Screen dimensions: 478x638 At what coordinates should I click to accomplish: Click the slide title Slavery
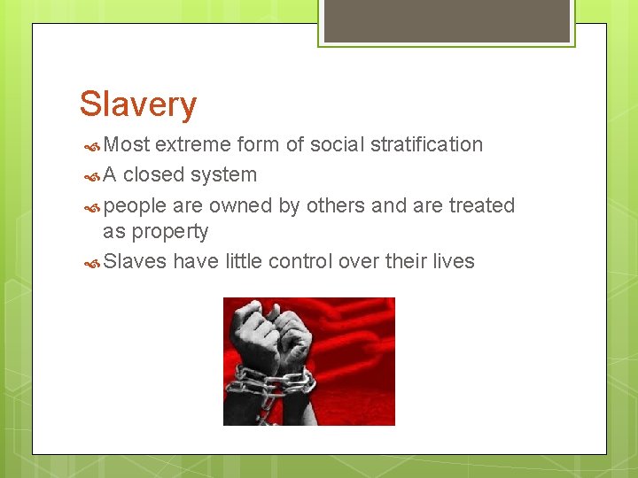click(137, 104)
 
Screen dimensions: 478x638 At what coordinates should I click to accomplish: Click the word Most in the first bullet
click(127, 144)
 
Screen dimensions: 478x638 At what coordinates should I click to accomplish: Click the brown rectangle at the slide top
click(447, 20)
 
